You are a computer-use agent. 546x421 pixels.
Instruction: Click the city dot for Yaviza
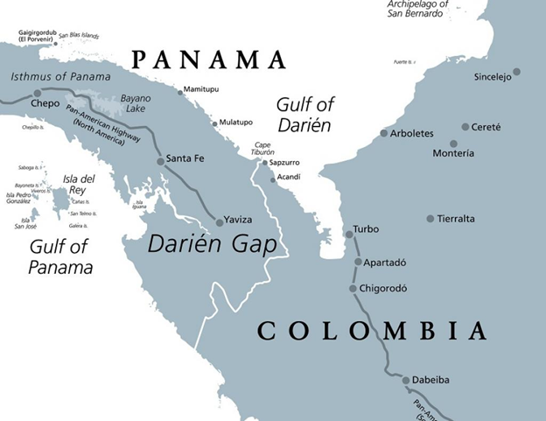pos(220,222)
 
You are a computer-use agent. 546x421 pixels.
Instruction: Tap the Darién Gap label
pos(212,244)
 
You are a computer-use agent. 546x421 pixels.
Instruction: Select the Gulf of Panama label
pos(60,256)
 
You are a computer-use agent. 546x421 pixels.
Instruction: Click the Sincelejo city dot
pos(516,72)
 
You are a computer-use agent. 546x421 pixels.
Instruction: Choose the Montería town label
pos(453,153)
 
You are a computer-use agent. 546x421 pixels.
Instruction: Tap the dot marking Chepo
pos(37,93)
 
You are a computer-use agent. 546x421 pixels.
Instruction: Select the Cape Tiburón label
pos(263,148)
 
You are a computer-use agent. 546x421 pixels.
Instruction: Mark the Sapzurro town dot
pos(265,163)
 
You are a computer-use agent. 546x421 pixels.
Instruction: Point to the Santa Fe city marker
pos(160,161)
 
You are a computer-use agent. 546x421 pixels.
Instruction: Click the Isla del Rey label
pos(80,184)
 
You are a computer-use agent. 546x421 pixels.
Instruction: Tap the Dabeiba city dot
pos(406,380)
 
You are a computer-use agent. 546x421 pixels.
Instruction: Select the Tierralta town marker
pos(430,219)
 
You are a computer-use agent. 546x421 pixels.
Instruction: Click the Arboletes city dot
pos(383,133)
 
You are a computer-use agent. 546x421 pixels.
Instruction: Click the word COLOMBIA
pos(372,331)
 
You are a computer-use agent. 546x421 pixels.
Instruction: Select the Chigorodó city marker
pos(353,289)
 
